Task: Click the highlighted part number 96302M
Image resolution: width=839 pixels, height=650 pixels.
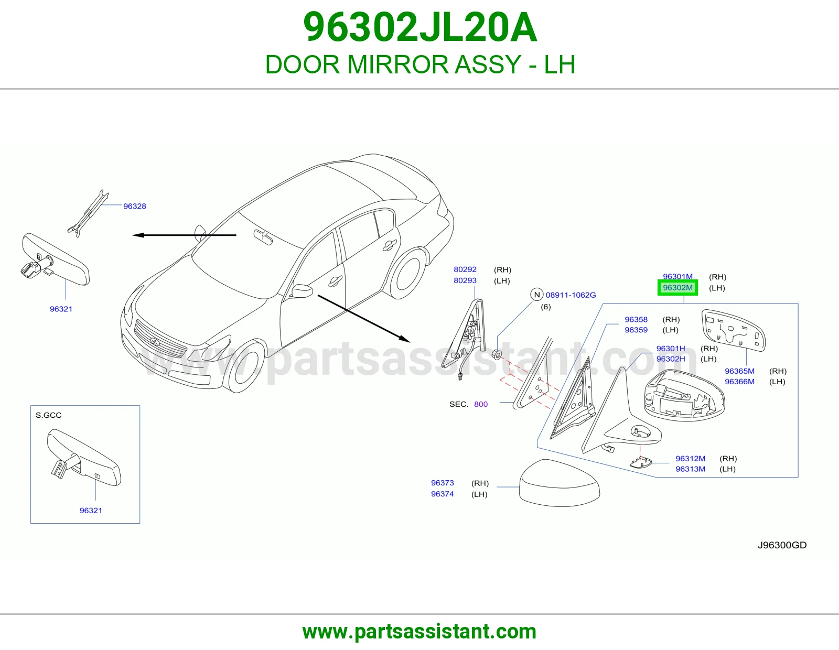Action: click(677, 288)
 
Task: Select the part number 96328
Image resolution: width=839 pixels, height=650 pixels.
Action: click(134, 206)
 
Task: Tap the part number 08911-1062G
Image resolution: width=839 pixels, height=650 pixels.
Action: click(571, 295)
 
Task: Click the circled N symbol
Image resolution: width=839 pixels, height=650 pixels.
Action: click(536, 295)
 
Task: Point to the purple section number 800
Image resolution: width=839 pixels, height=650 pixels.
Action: click(481, 404)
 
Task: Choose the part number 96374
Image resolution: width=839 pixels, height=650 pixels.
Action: click(443, 494)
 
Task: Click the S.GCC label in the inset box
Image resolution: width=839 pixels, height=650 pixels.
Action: click(48, 415)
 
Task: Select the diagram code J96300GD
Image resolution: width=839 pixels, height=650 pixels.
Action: click(782, 545)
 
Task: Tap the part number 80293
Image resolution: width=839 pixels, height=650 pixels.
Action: click(465, 280)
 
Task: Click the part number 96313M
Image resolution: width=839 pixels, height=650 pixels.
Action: click(691, 469)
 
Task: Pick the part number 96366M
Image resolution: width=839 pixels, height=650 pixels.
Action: click(739, 382)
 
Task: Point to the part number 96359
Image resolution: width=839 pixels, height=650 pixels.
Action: click(636, 330)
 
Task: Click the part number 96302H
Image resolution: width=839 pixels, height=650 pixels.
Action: click(671, 359)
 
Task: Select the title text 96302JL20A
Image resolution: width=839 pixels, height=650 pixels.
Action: click(419, 27)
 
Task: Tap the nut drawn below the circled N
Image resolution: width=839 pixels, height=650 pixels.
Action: click(497, 353)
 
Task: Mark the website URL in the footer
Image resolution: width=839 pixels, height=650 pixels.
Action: click(419, 632)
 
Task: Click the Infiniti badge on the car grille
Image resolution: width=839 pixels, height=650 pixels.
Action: click(155, 341)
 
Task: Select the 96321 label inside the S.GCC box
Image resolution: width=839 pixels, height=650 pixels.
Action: click(91, 510)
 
